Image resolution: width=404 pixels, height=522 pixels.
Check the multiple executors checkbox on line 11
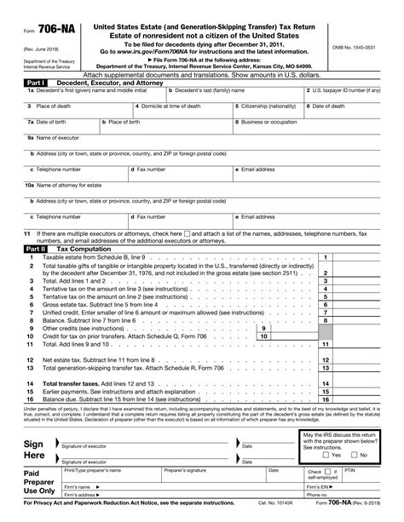click(x=187, y=233)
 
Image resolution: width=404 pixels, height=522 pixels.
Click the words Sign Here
click(x=34, y=449)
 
